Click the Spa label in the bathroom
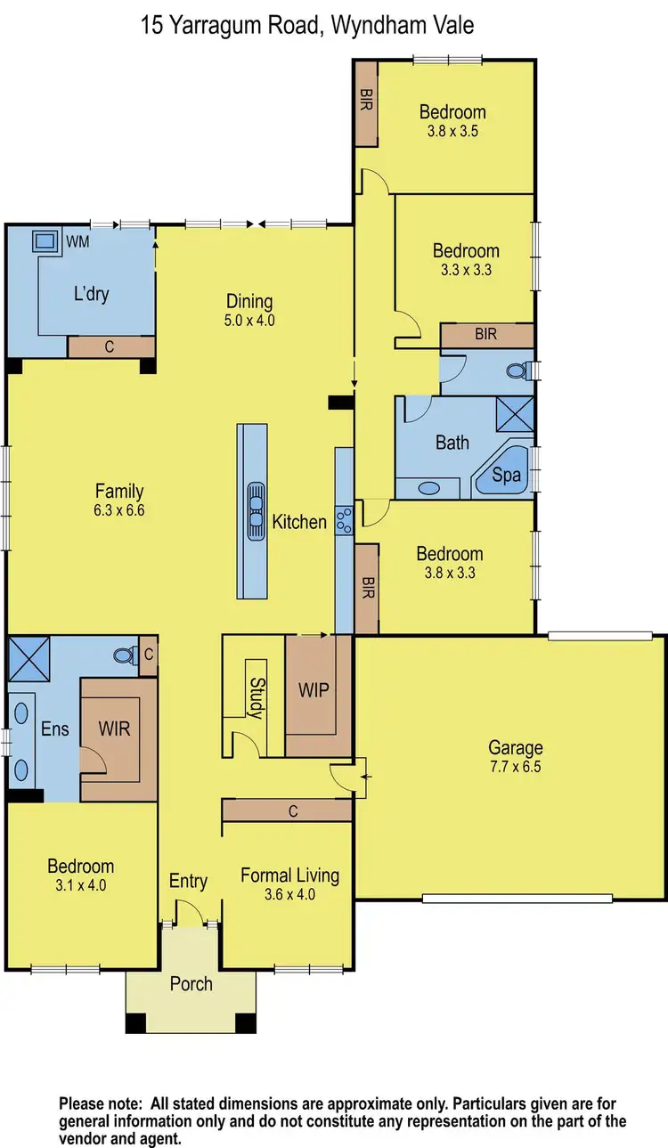507,476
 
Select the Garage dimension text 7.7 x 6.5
515,768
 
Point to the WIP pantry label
314,689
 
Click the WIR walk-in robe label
114,729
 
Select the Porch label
191,983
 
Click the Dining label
248,301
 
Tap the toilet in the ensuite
124,655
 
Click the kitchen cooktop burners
344,517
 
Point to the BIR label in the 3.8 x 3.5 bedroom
366,98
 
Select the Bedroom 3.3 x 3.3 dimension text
465,270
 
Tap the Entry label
188,881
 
